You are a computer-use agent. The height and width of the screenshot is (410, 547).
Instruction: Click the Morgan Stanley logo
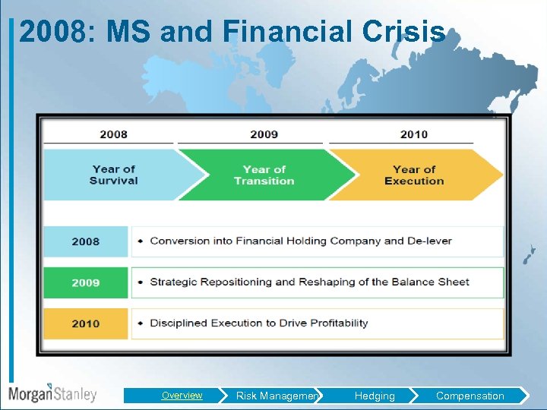coord(52,393)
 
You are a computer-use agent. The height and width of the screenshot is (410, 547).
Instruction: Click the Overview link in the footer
coord(182,396)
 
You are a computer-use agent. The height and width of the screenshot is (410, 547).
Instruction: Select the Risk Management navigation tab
coord(277,396)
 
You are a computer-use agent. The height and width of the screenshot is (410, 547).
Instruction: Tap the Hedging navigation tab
coord(375,396)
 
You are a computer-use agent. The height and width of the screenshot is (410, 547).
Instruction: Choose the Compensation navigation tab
coord(470,396)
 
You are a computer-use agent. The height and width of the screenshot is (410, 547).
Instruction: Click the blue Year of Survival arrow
coord(114,175)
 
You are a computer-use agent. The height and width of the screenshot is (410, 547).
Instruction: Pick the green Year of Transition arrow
coord(264,175)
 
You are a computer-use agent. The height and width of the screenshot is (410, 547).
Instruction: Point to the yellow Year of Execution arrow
coord(414,175)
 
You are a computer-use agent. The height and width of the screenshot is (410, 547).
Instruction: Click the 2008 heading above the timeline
coord(113,134)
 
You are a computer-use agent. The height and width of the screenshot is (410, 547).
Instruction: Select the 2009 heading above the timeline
coord(264,134)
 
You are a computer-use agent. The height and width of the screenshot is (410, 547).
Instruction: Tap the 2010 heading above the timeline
coord(414,134)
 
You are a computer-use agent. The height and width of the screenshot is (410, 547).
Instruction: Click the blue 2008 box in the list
coord(85,241)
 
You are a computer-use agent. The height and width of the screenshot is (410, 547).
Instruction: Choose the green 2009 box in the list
coord(85,282)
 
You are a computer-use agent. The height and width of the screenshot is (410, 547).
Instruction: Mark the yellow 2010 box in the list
coord(85,323)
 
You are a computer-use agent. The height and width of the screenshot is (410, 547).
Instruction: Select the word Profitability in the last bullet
coord(334,323)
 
